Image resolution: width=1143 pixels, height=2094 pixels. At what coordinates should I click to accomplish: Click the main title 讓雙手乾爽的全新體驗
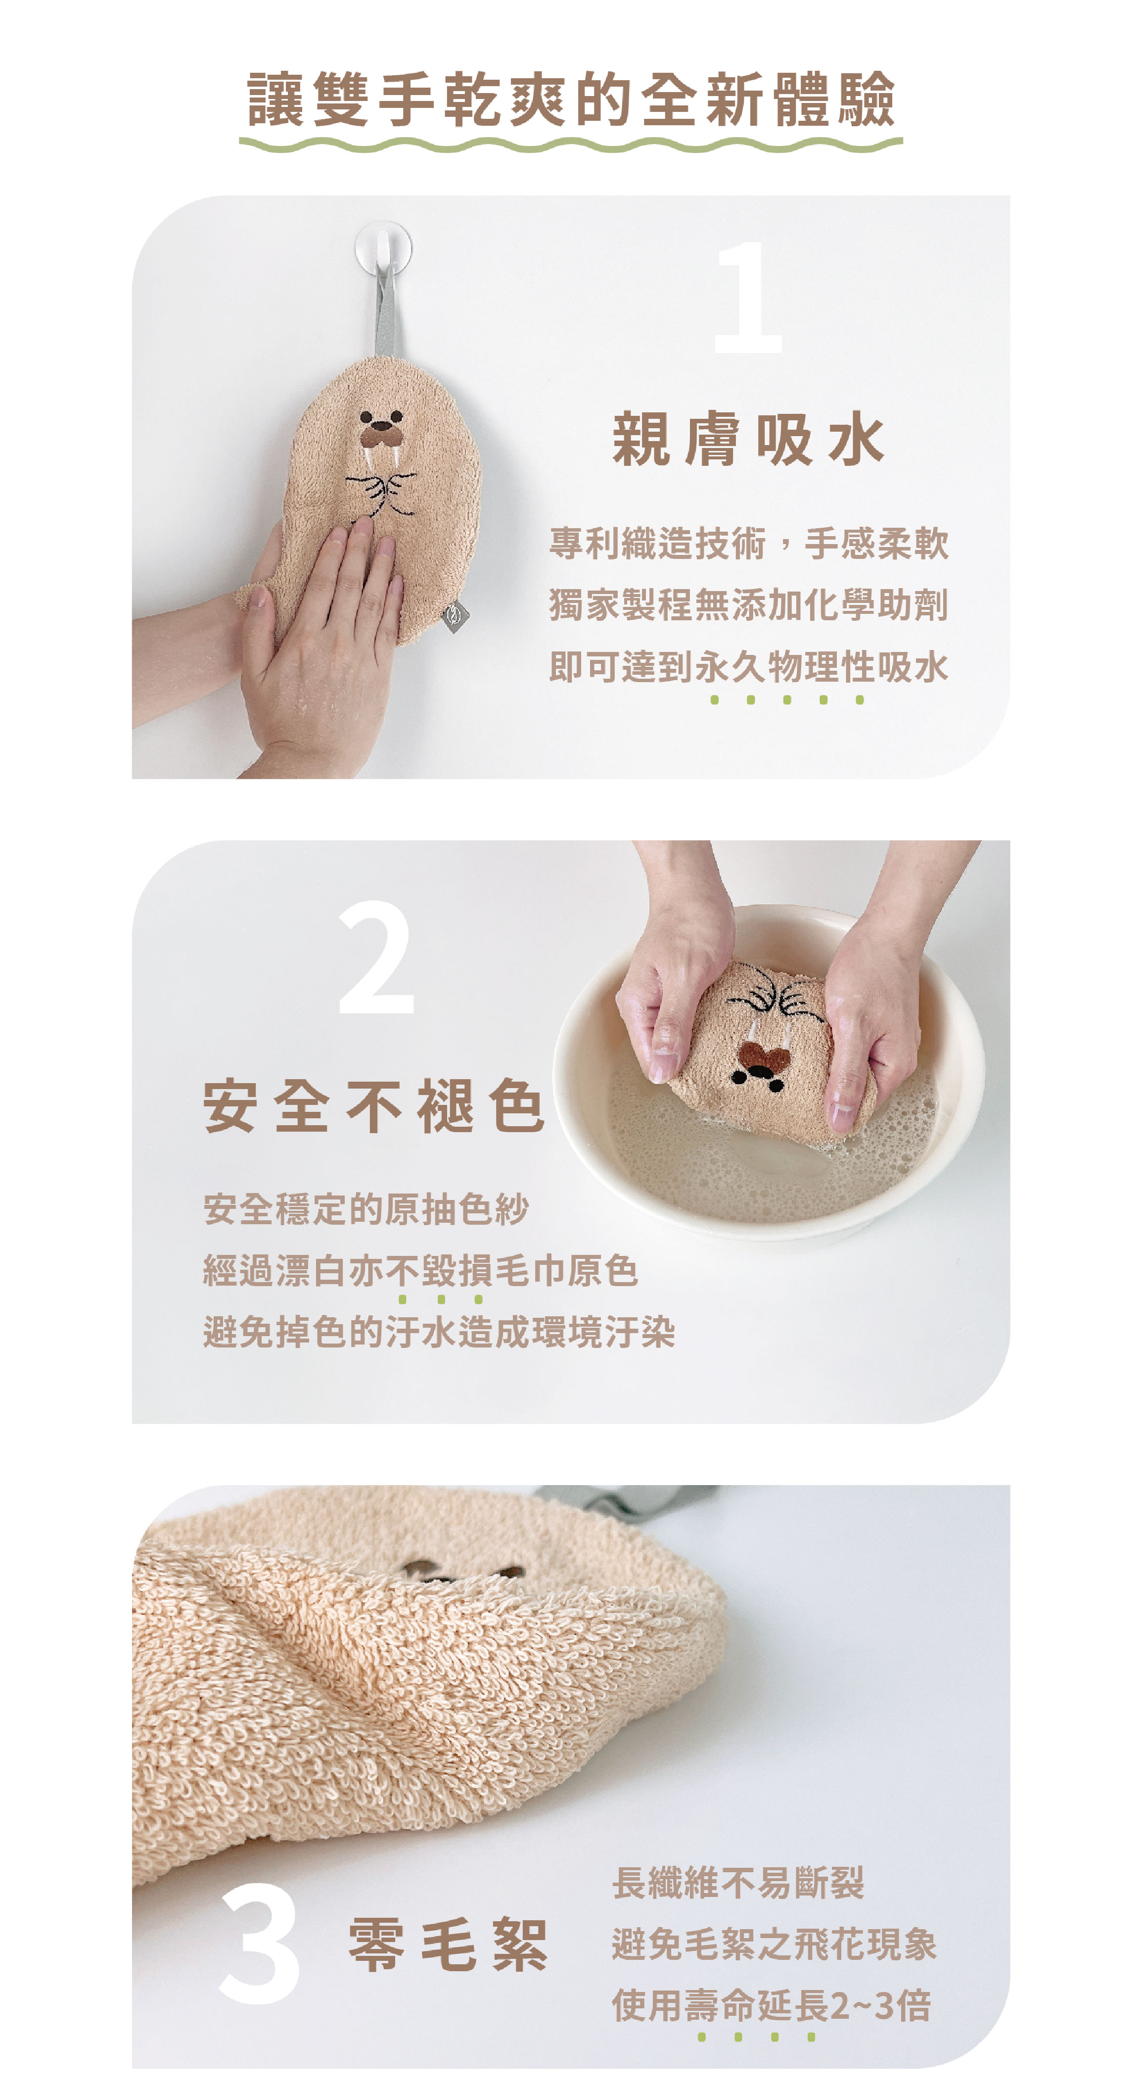tap(571, 99)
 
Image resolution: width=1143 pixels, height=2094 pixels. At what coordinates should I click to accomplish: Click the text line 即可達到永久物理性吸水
tap(748, 667)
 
